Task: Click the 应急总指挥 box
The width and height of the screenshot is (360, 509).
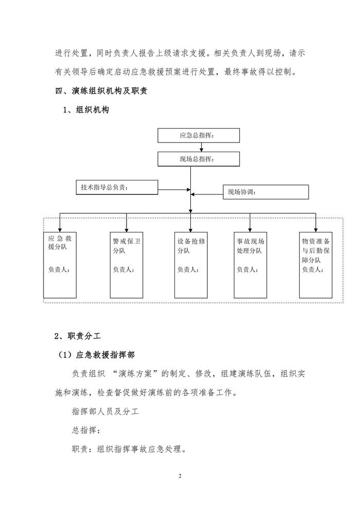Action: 199,135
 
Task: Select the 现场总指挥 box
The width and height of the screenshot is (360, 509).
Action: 199,159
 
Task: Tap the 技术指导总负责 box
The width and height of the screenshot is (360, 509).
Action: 116,187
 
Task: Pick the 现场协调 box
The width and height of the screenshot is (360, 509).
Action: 265,192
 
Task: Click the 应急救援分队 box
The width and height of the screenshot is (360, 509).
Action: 60,265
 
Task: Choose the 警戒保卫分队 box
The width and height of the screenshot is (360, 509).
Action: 126,265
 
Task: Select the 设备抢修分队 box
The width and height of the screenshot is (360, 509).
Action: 191,265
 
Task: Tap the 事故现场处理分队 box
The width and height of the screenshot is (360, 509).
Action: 250,265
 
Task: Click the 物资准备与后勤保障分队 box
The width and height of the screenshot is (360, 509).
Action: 316,265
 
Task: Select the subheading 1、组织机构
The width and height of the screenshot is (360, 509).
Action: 85,110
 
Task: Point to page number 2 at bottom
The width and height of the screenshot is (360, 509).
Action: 180,476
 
